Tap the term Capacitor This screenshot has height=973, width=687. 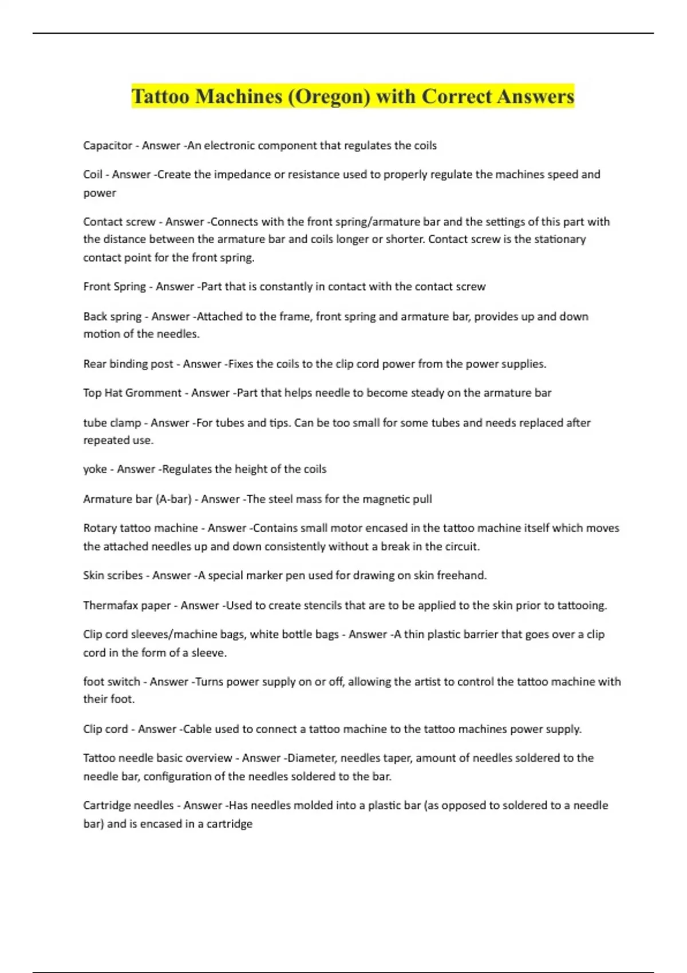[x=108, y=145]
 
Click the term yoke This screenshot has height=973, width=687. [x=95, y=469]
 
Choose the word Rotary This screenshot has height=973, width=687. [x=100, y=528]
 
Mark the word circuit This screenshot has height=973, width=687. [x=461, y=546]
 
